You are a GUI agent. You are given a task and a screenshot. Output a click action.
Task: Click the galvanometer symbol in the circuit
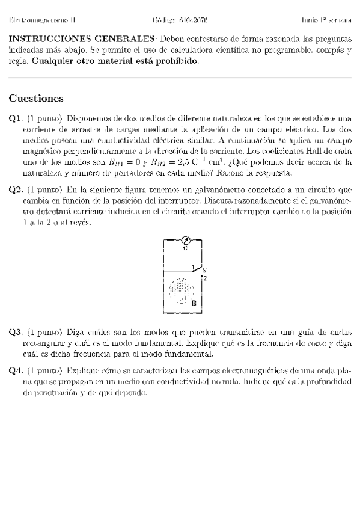point(185,240)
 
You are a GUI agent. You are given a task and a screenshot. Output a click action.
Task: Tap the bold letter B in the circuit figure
point(194,304)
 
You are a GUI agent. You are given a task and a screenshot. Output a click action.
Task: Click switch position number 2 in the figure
point(204,278)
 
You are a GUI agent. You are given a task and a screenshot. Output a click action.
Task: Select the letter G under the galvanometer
point(185,248)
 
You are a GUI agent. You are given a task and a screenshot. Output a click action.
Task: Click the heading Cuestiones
point(36,99)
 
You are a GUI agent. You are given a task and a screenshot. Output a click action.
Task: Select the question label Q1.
point(16,118)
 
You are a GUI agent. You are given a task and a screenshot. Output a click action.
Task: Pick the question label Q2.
point(16,190)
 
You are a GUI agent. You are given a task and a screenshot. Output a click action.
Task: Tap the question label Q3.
point(16,332)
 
